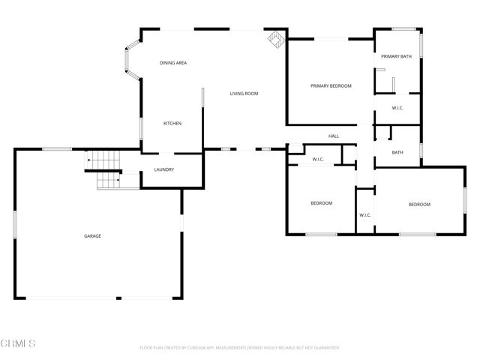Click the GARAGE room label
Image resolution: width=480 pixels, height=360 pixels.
[92, 236]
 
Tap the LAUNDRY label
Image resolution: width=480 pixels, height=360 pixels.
[164, 169]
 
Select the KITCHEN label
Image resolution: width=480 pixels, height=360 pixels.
[172, 123]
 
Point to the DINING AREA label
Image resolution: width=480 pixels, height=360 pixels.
[173, 63]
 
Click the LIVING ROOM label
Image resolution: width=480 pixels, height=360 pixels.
[244, 94]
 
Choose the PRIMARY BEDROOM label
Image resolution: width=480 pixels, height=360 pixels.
[331, 86]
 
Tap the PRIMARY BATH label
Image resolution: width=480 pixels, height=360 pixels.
[396, 57]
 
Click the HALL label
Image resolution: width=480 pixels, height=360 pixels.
[334, 136]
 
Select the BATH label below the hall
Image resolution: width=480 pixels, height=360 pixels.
[397, 152]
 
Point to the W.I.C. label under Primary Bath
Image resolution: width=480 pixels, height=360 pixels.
[397, 108]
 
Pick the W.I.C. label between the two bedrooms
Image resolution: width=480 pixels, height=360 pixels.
[365, 215]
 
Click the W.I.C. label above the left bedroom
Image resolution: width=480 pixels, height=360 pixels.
[318, 159]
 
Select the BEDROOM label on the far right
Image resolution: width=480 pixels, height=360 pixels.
[419, 205]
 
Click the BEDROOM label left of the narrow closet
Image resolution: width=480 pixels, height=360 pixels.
[322, 203]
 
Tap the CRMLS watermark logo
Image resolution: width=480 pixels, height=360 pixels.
[18, 343]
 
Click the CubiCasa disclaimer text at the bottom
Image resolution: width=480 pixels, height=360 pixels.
[240, 348]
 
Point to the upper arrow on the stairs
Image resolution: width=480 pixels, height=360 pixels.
[88, 160]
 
